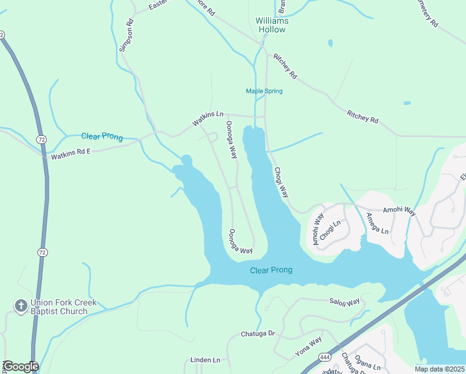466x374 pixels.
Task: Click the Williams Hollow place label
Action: pyautogui.click(x=272, y=25)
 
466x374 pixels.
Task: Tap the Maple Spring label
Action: pyautogui.click(x=264, y=91)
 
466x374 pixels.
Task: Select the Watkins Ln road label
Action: pyautogui.click(x=207, y=118)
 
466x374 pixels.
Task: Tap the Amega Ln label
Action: pyautogui.click(x=377, y=223)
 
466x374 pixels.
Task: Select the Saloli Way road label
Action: pyautogui.click(x=345, y=302)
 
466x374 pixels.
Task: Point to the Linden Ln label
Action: pyautogui.click(x=206, y=360)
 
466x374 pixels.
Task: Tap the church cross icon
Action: pyautogui.click(x=20, y=305)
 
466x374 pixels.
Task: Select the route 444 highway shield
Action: pyautogui.click(x=326, y=357)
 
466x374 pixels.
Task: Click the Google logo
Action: pyautogui.click(x=20, y=367)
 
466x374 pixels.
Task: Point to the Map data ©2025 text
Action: pyautogui.click(x=439, y=369)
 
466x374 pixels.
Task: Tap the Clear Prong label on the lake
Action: pyautogui.click(x=271, y=270)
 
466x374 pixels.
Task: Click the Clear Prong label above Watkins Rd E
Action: pyautogui.click(x=102, y=137)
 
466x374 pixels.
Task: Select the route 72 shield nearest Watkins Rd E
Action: pyautogui.click(x=41, y=138)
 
